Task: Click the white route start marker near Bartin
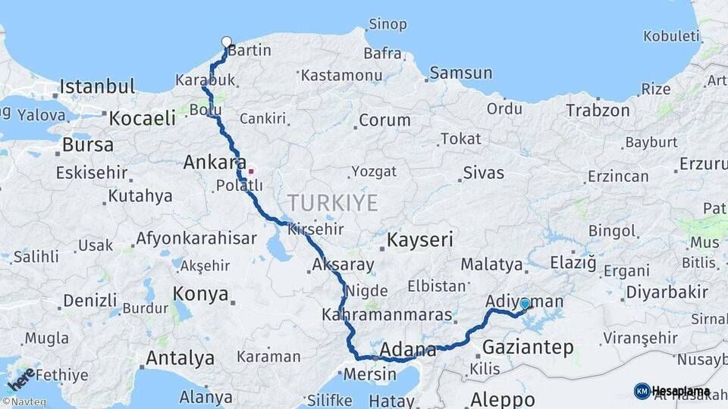pyautogui.click(x=226, y=42)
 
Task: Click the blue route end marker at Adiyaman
pyautogui.click(x=525, y=304)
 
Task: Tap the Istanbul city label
pyautogui.click(x=97, y=86)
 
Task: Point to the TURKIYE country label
pyautogui.click(x=332, y=202)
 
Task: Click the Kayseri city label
pyautogui.click(x=420, y=241)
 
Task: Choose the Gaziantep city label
pyautogui.click(x=528, y=348)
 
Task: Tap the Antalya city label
pyautogui.click(x=180, y=357)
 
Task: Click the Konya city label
pyautogui.click(x=201, y=294)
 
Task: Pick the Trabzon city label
pyautogui.click(x=598, y=111)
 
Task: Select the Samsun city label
pyautogui.click(x=460, y=73)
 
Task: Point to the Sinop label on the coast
pyautogui.click(x=388, y=24)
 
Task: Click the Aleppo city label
pyautogui.click(x=502, y=399)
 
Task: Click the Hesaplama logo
pyautogui.click(x=671, y=391)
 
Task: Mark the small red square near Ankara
pyautogui.click(x=251, y=171)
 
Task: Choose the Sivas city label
pyautogui.click(x=483, y=173)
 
